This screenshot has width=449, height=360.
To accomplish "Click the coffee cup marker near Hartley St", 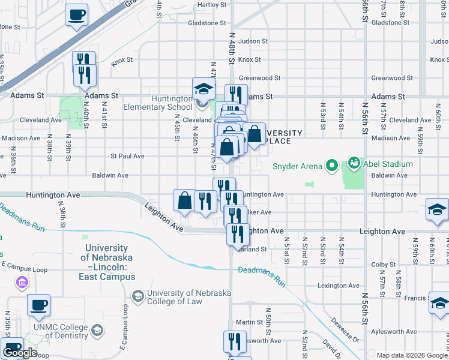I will (x=76, y=15).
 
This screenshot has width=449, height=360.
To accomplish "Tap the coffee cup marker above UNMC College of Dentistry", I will (x=38, y=305).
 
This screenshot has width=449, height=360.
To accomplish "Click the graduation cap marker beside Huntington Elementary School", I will (x=203, y=89).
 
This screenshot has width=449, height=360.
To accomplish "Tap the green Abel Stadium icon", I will (x=354, y=163).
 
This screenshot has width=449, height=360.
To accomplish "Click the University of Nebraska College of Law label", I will (x=181, y=297).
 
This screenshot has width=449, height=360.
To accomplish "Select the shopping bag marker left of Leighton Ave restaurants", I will (x=184, y=200).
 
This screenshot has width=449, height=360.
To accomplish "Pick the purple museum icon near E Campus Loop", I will (x=22, y=281).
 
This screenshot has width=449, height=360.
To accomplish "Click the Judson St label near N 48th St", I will (x=253, y=41).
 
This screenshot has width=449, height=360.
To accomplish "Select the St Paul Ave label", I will (x=127, y=156).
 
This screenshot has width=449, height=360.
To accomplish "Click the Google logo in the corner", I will (x=20, y=353).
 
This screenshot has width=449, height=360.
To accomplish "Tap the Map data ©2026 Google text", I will (x=411, y=355).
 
